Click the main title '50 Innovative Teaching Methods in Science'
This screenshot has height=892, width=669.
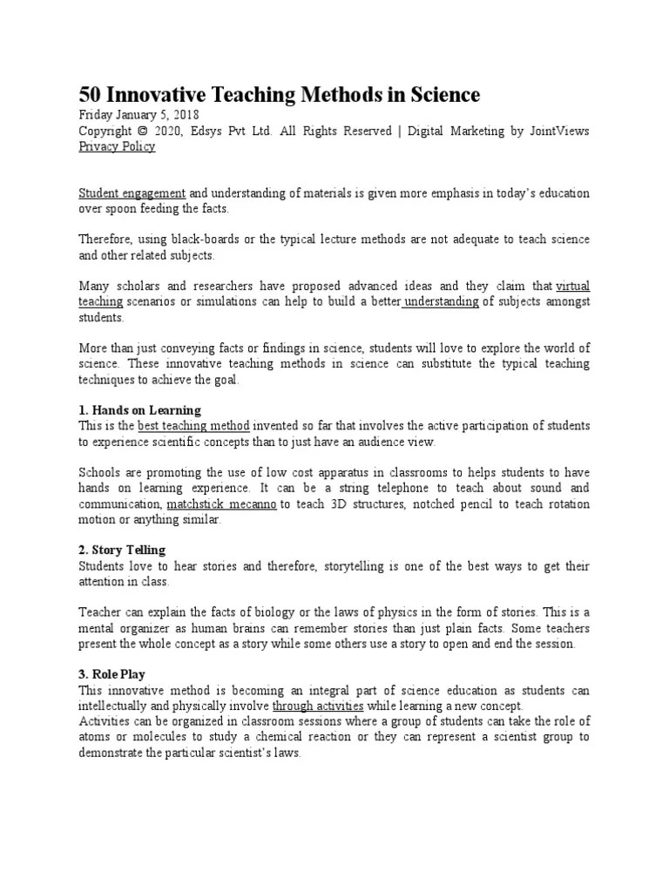point(280,94)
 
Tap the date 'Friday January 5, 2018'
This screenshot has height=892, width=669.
point(139,115)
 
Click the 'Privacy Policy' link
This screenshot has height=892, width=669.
point(117,146)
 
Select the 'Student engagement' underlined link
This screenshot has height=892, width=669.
point(132,193)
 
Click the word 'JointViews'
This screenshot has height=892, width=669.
point(559,131)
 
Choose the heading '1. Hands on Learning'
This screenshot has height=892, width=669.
point(140,409)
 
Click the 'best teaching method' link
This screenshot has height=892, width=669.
point(194,426)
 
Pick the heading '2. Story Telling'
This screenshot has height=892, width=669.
point(122,551)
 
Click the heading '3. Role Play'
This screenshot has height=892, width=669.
point(112,674)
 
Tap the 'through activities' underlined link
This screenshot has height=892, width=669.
point(318,706)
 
